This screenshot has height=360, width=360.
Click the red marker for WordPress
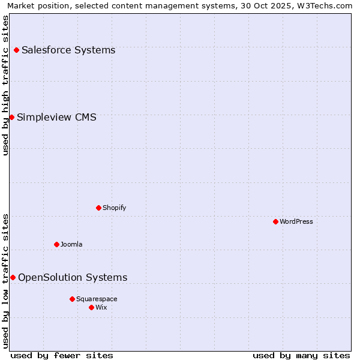pyautogui.click(x=275, y=221)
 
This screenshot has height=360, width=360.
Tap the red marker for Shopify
pyautogui.click(x=98, y=208)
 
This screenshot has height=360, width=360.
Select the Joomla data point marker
pyautogui.click(x=56, y=244)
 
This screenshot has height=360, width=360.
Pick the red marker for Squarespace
pyautogui.click(x=72, y=299)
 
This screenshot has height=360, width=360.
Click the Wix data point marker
pyautogui.click(x=91, y=307)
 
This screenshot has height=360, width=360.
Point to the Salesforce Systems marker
pyautogui.click(x=16, y=50)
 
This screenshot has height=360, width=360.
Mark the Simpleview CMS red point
pyautogui.click(x=11, y=117)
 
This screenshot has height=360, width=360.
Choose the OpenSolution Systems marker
pyautogui.click(x=13, y=277)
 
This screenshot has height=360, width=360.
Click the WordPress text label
pyautogui.click(x=296, y=221)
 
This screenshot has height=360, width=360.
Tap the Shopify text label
pyautogui.click(x=115, y=208)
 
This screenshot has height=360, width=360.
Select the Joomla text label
pyautogui.click(x=71, y=244)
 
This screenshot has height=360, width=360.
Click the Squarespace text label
pyautogui.click(x=97, y=299)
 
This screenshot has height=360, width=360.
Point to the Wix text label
pyautogui.click(x=101, y=307)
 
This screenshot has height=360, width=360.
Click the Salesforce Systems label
pyautogui.click(x=68, y=50)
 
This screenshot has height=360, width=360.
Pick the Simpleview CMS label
pyautogui.click(x=56, y=117)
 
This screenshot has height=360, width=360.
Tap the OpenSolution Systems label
pyautogui.click(x=73, y=277)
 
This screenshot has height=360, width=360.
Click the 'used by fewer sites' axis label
pyautogui.click(x=62, y=355)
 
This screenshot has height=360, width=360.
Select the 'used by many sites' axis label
pyautogui.click(x=301, y=355)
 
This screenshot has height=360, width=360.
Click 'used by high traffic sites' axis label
pyautogui.click(x=5, y=85)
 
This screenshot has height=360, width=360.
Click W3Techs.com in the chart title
pyautogui.click(x=325, y=5)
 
